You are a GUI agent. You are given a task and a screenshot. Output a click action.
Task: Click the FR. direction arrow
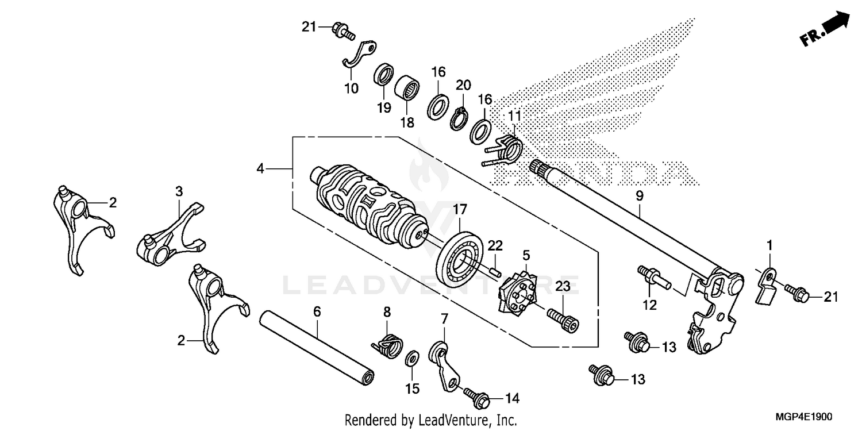(826, 30)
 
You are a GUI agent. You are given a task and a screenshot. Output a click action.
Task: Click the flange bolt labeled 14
(478, 396)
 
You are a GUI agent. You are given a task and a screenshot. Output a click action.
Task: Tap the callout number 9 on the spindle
(640, 196)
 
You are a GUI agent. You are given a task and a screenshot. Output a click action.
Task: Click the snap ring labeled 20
(459, 118)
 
